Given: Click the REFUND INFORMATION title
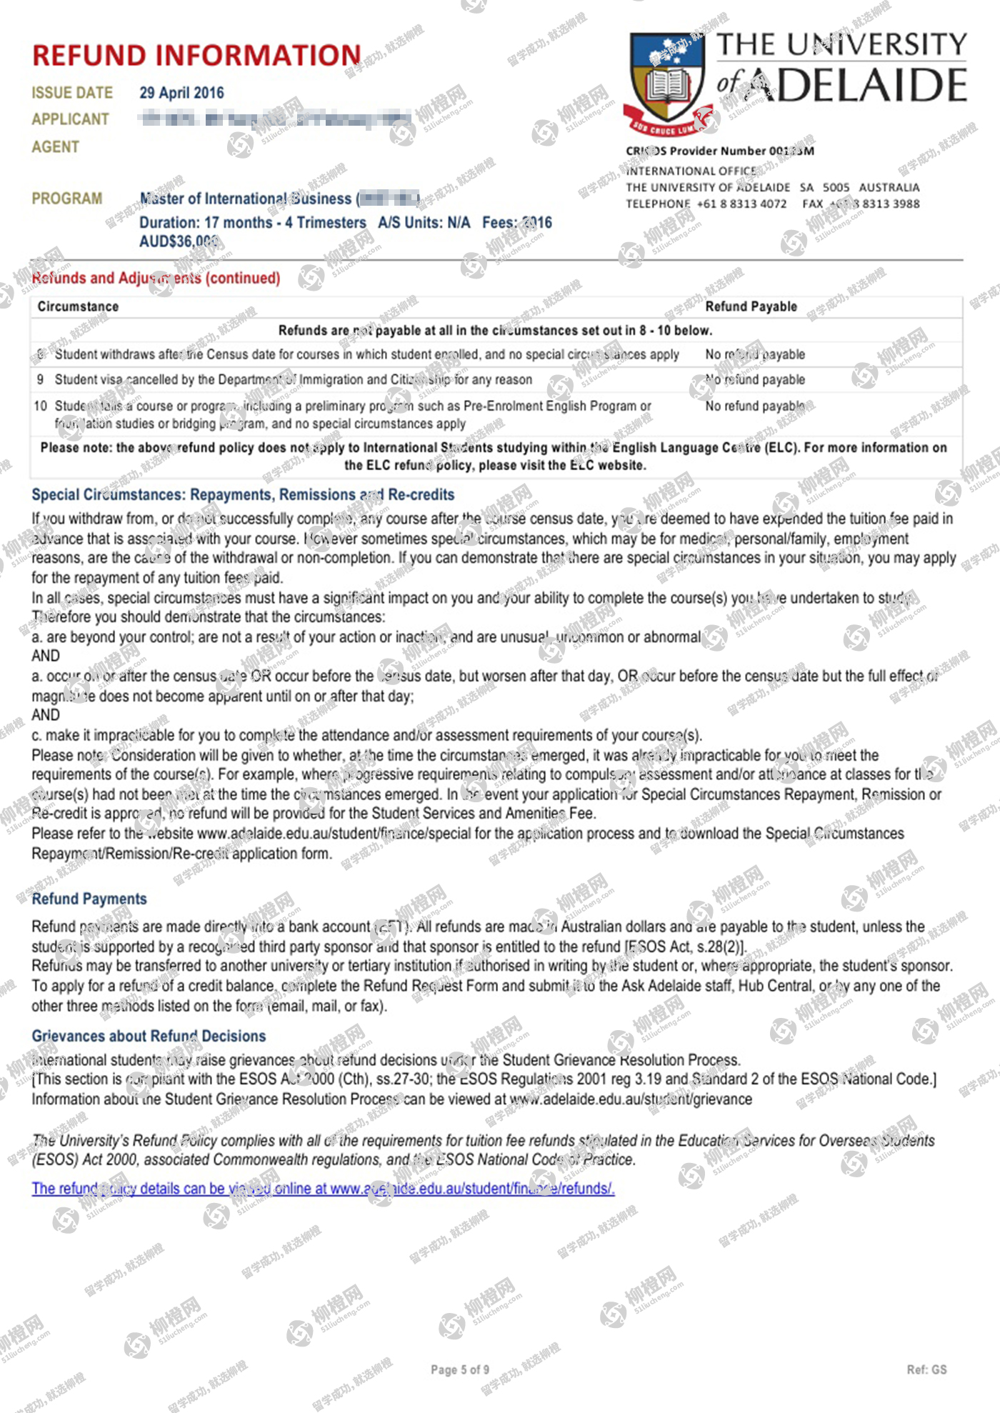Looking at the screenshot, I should [x=196, y=56].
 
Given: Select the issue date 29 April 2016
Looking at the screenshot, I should [x=181, y=93].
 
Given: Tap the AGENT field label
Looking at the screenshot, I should [x=55, y=147].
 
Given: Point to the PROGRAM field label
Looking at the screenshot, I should [x=67, y=199].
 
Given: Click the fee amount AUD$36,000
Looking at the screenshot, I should [x=179, y=241].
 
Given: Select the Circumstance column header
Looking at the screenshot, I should [x=78, y=306].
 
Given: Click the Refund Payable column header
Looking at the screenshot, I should [x=751, y=306].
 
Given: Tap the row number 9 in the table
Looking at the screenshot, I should [x=40, y=379].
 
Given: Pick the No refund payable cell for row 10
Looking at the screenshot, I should [x=755, y=406].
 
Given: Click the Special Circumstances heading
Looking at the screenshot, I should [x=243, y=494].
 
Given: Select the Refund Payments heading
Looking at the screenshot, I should [x=89, y=899].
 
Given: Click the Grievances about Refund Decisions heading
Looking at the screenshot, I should [x=149, y=1036].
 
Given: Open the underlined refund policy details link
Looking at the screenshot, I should [x=323, y=1188].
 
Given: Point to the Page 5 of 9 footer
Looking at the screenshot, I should [x=460, y=1369].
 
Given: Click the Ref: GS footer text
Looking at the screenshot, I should [x=926, y=1369].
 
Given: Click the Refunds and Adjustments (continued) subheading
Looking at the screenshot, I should [x=156, y=278].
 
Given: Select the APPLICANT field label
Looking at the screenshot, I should [x=70, y=119].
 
